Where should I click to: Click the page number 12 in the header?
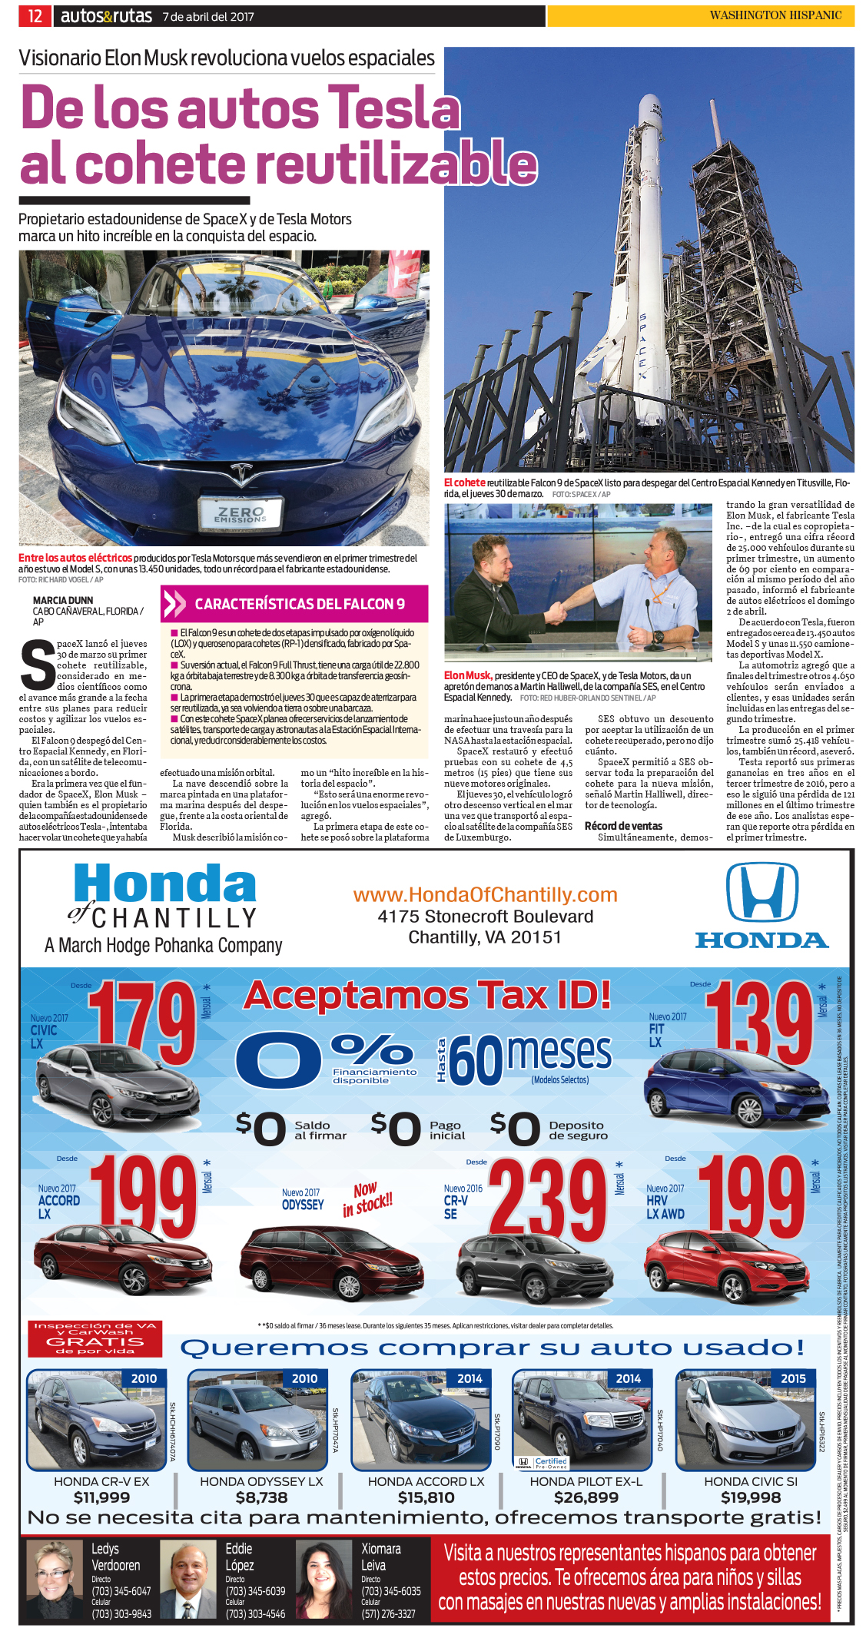point(35,15)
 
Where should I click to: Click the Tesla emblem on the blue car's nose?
point(241,473)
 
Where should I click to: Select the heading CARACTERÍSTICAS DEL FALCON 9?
point(300,604)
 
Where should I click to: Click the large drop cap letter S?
point(37,665)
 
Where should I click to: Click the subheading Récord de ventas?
point(623,826)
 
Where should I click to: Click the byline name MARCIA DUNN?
point(63,600)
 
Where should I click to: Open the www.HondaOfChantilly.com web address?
point(485,895)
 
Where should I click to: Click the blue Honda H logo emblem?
point(761,892)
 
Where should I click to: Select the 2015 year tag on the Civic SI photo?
point(793,1378)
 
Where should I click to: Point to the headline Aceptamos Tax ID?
point(427,995)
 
